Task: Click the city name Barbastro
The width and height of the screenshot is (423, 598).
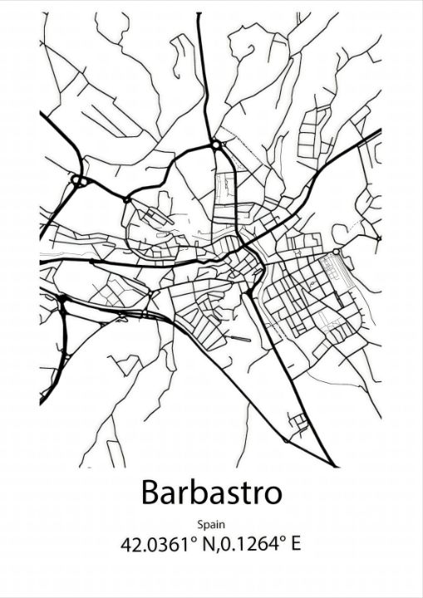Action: pos(211,492)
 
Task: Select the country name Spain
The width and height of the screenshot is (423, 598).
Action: pos(211,523)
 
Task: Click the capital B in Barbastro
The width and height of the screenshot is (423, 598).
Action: pos(150,492)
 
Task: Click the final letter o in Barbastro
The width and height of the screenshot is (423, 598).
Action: pos(273,494)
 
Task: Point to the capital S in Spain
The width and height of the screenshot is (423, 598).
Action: pos(201,523)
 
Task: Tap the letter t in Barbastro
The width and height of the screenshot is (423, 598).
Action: pos(246,493)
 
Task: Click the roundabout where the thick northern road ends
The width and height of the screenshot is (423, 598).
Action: pos(216,145)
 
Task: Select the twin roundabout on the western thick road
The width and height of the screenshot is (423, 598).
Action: pos(79,179)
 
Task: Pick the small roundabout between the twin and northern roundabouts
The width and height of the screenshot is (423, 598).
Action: pos(126,199)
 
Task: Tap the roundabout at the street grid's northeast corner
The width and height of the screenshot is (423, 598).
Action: pos(335,251)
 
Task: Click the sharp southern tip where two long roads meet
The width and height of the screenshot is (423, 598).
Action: pos(334,466)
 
